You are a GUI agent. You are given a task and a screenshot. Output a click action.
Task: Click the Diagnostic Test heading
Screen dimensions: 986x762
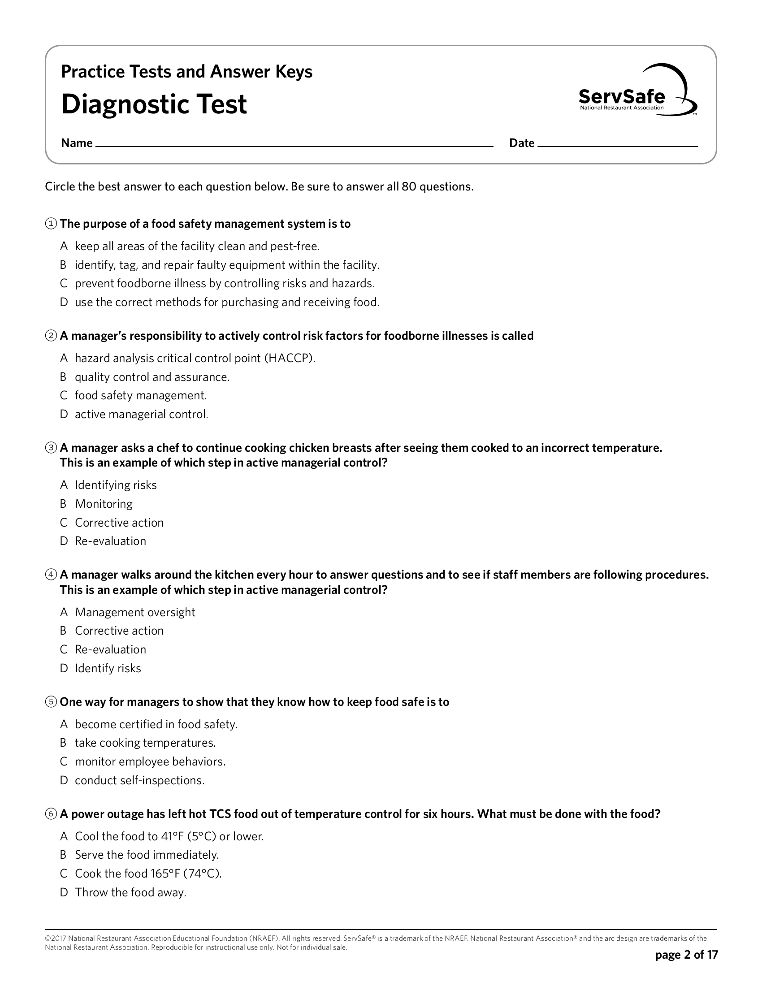tap(154, 105)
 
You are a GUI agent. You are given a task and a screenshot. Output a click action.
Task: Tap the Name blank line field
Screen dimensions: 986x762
tap(294, 143)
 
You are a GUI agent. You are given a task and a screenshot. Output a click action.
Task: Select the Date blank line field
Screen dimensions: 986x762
tap(617, 143)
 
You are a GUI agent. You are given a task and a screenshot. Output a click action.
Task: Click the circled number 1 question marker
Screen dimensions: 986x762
tap(51, 224)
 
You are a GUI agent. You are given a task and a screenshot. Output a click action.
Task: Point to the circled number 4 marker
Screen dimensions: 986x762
tap(51, 575)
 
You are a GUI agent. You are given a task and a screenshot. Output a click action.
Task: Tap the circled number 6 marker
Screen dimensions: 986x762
tap(51, 814)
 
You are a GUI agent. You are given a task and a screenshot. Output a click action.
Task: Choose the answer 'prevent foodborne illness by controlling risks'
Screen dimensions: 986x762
tap(225, 284)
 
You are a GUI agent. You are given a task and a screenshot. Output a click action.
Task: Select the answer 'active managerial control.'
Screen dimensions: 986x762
tap(141, 415)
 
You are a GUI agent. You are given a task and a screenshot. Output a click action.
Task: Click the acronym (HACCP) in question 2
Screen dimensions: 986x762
tap(289, 359)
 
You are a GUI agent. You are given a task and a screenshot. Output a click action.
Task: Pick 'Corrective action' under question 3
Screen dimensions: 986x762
tap(119, 523)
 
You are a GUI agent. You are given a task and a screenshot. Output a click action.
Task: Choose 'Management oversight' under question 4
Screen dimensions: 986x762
tap(134, 612)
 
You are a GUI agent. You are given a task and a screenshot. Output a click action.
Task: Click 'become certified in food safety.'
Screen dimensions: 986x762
tap(156, 725)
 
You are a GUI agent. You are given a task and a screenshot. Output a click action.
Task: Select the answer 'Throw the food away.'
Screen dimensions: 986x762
tap(130, 892)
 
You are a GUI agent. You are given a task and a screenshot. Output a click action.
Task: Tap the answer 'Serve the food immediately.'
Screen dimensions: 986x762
tap(147, 855)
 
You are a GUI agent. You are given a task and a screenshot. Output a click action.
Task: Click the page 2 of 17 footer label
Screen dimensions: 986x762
tap(686, 954)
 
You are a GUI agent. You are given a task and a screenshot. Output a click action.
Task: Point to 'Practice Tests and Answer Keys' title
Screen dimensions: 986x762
tap(186, 72)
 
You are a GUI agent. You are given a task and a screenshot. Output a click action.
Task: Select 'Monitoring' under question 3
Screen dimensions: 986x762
tap(104, 504)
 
